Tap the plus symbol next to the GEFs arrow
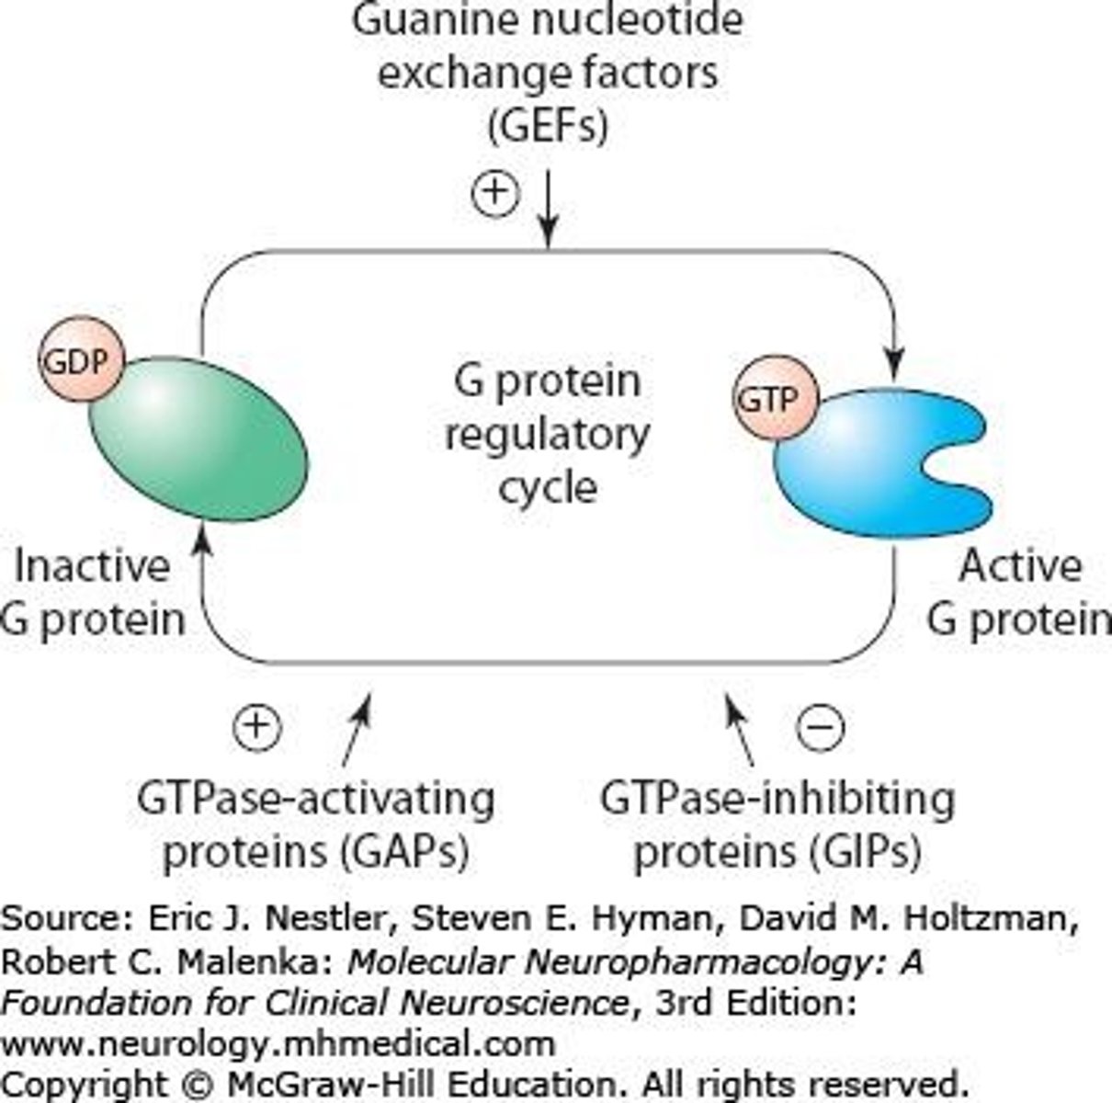click(495, 193)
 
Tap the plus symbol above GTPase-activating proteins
click(257, 727)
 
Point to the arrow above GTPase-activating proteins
click(356, 731)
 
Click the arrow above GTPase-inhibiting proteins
click(740, 731)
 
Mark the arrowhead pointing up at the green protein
click(204, 542)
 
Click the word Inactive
click(92, 566)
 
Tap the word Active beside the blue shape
click(1020, 566)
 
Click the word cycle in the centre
click(548, 485)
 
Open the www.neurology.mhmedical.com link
click(278, 1043)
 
